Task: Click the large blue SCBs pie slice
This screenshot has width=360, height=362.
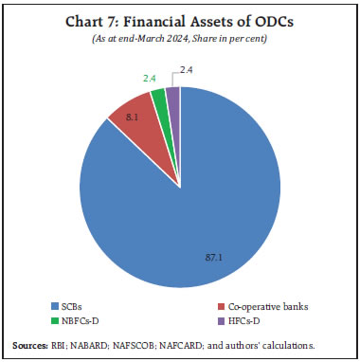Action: (x=189, y=208)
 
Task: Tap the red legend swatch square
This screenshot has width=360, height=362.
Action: (x=221, y=308)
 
